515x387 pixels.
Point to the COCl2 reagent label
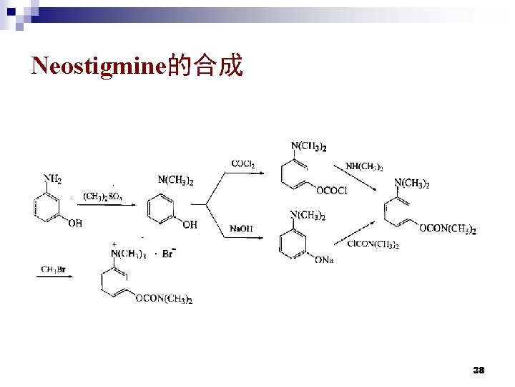(x=243, y=164)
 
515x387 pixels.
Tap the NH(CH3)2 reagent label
(x=364, y=167)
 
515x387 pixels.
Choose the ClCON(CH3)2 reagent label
(x=373, y=244)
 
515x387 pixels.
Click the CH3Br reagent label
(x=55, y=269)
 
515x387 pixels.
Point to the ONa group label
(x=324, y=259)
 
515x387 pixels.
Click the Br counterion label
(x=169, y=253)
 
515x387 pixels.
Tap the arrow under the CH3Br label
(x=55, y=277)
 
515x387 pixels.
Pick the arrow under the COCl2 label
(x=242, y=173)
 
